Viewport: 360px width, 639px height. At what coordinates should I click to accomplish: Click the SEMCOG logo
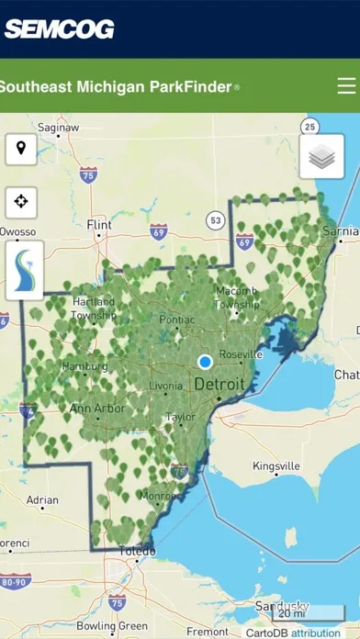coord(59,28)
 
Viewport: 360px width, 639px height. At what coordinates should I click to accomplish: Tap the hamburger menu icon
coord(346,86)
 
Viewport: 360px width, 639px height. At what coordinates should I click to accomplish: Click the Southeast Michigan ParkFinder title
coord(118,87)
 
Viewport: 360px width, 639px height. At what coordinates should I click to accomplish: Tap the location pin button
coord(21,148)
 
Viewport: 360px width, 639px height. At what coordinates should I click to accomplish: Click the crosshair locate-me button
coord(21,201)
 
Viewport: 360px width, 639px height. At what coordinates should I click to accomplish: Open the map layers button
coord(321,157)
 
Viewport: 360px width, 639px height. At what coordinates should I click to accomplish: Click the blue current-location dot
coord(206,362)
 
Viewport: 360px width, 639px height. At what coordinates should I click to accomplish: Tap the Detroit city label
coord(219,384)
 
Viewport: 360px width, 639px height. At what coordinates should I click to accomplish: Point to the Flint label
coord(98,224)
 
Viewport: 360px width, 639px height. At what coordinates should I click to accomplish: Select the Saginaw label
coord(57,127)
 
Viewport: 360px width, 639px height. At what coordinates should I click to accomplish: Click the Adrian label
coord(42,500)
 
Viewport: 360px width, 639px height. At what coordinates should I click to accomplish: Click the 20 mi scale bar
coord(291,612)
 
